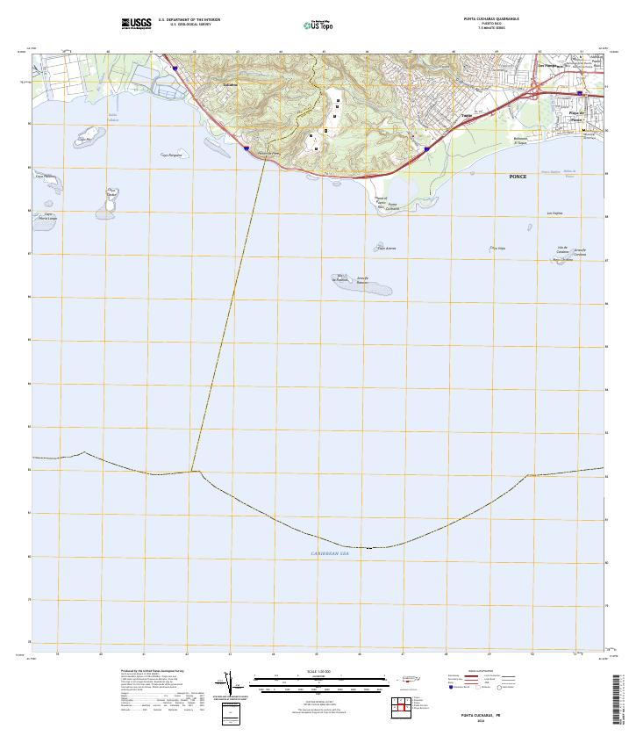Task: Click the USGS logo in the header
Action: pos(137,23)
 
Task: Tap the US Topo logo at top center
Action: pos(318,25)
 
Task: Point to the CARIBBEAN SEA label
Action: pos(330,553)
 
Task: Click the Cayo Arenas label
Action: pos(387,249)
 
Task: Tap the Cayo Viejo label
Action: pos(500,249)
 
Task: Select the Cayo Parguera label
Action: pos(171,155)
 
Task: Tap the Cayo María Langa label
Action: pos(48,216)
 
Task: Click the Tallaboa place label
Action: pos(231,85)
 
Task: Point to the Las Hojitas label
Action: pos(554,213)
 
